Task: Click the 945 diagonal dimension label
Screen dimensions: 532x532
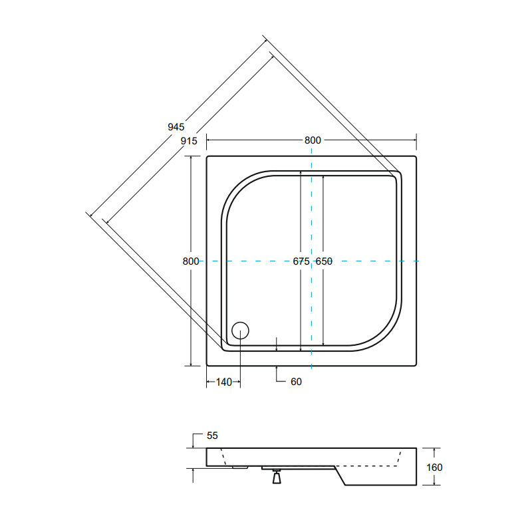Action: pos(176,127)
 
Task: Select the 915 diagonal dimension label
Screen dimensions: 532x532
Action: pos(189,141)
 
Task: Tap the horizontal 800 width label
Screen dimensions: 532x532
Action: pos(313,140)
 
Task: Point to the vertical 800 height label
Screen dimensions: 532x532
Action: pos(191,261)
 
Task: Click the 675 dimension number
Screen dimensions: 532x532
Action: pos(301,261)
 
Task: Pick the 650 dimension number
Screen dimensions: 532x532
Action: pos(324,261)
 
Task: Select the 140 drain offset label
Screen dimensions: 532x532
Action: pos(224,382)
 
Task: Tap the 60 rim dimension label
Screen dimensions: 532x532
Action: pos(296,382)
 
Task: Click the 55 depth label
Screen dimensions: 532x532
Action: pos(212,436)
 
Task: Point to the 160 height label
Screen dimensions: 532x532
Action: pos(434,467)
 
